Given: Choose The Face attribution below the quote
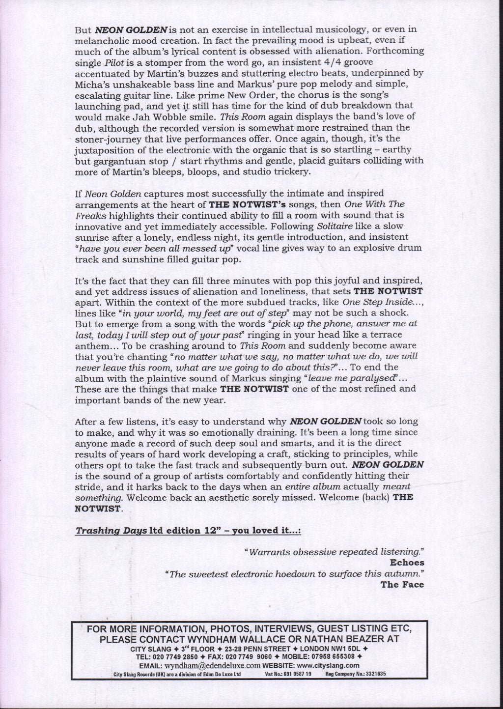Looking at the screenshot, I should coord(402,584).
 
